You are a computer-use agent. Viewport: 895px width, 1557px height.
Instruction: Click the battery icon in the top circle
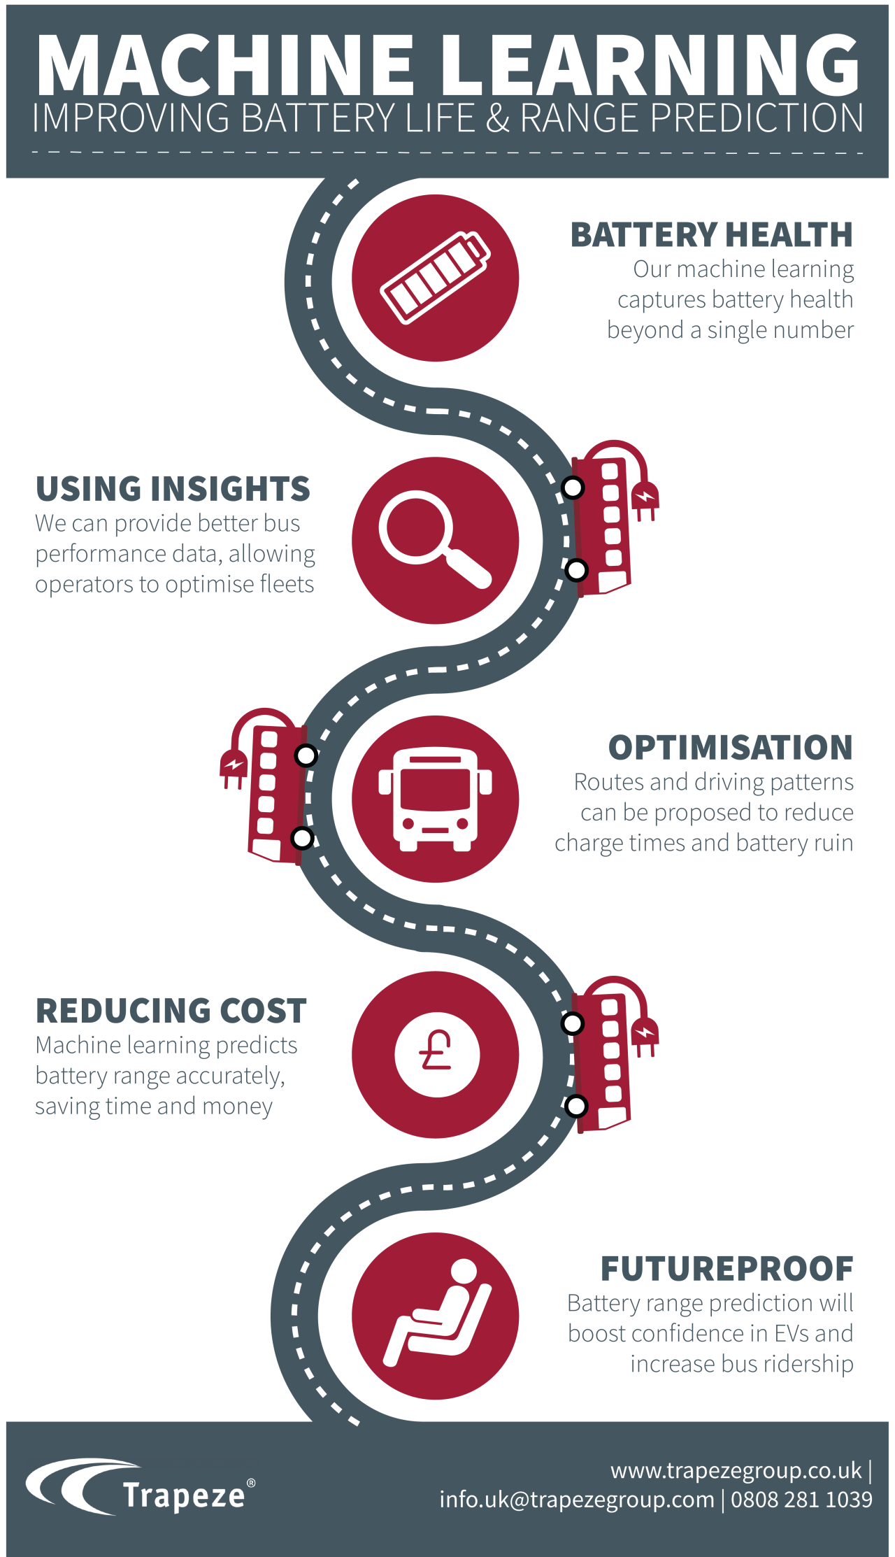[435, 278]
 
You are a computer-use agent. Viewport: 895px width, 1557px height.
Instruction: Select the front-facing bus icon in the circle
[435, 799]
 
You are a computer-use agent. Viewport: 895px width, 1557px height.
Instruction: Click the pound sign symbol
[437, 1053]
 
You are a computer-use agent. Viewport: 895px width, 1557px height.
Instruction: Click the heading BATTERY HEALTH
[711, 235]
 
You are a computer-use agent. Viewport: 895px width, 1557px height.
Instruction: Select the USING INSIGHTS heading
[173, 489]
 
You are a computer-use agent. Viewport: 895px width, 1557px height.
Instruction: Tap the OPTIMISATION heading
[730, 748]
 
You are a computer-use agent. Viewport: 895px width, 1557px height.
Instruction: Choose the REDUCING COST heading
[171, 1011]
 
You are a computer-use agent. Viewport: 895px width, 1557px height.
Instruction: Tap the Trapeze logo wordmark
[184, 1495]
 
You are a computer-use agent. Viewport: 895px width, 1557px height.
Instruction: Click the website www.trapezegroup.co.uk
[736, 1470]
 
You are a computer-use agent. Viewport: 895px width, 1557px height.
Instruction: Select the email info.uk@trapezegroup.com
[577, 1500]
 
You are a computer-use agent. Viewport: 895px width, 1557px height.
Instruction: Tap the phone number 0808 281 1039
[801, 1500]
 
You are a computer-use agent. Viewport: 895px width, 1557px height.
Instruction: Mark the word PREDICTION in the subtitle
[757, 118]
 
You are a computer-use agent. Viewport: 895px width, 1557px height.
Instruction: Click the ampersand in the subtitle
[497, 118]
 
